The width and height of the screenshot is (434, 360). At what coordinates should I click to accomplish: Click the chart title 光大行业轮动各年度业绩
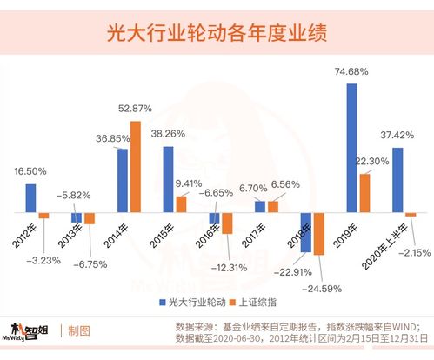217,33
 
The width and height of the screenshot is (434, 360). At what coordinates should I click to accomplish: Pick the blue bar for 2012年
31,197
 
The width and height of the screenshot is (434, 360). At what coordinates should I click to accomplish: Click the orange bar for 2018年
319,233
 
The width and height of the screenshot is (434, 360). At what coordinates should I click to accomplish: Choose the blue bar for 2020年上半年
398,180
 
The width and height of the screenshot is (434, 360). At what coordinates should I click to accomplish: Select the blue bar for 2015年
168,179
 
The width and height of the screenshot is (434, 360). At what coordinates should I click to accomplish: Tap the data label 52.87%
136,109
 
